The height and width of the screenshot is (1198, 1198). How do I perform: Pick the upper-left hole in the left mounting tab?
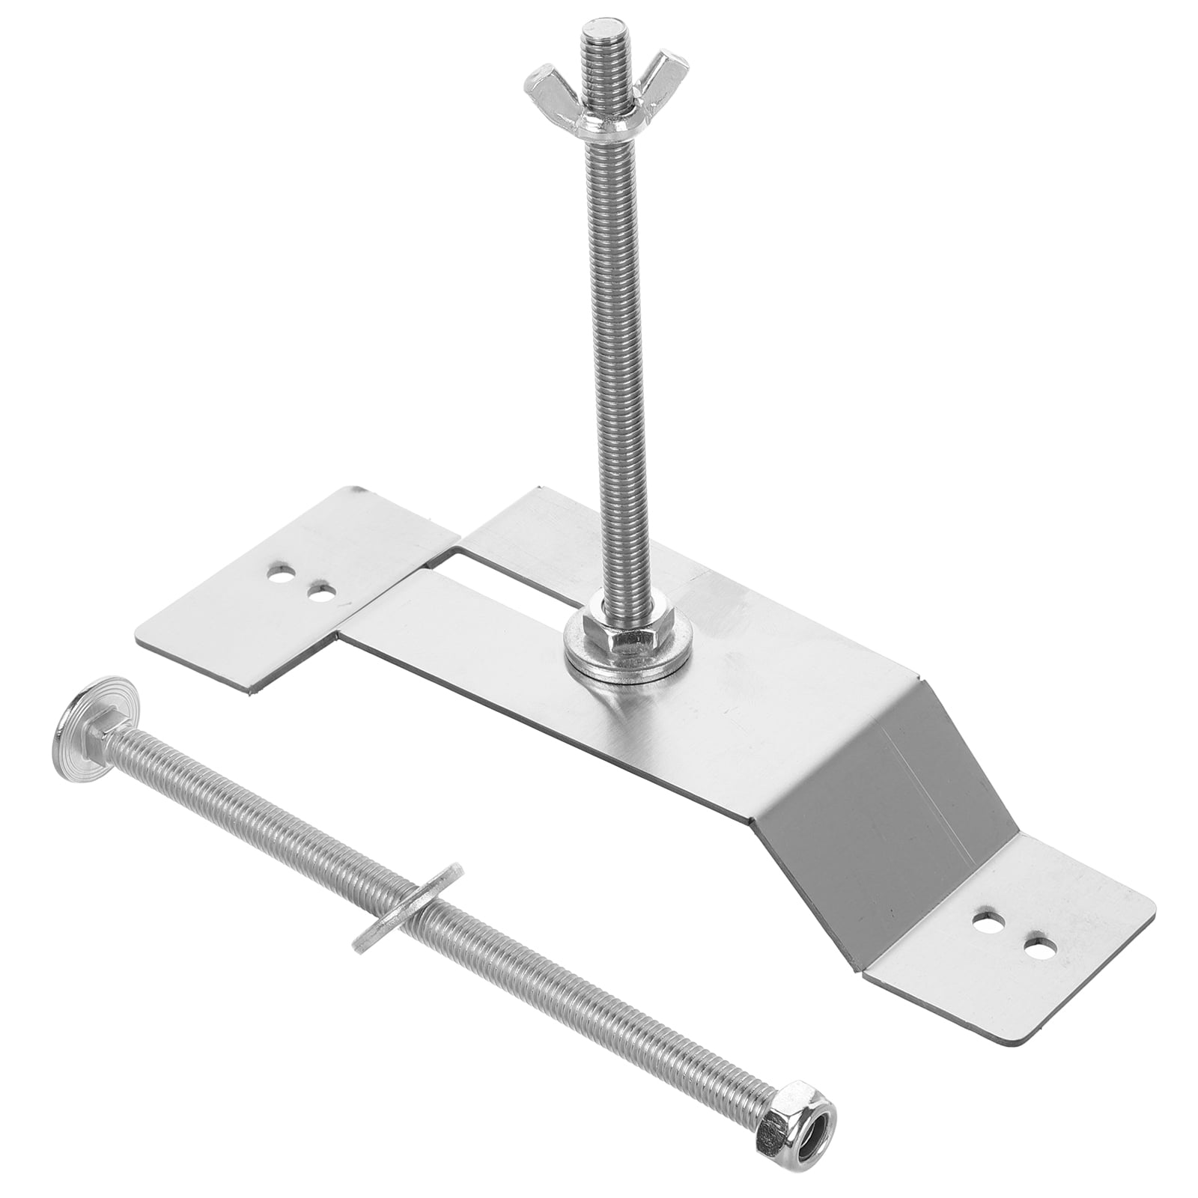pyautogui.click(x=282, y=573)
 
